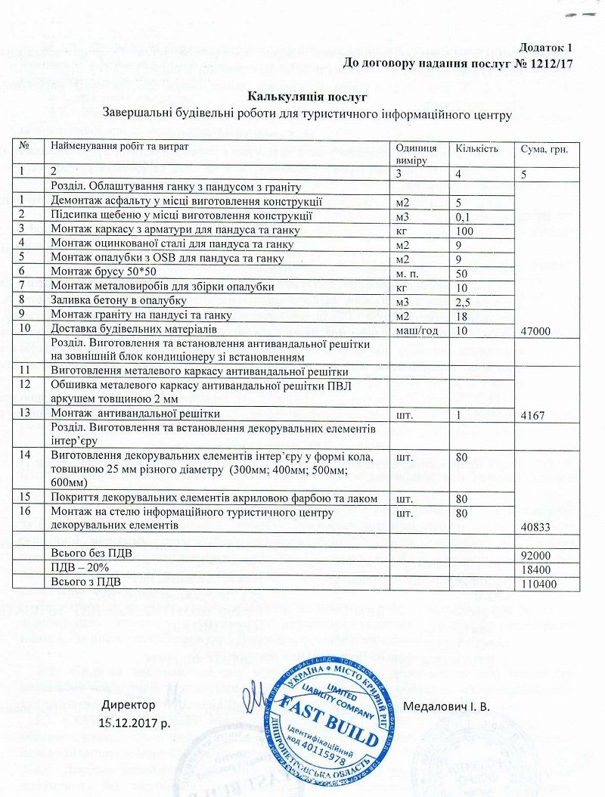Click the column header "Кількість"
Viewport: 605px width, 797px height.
(476, 148)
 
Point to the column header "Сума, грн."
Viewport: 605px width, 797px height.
(544, 149)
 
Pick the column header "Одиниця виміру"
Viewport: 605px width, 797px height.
(416, 154)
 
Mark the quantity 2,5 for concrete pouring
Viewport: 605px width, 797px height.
(463, 302)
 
